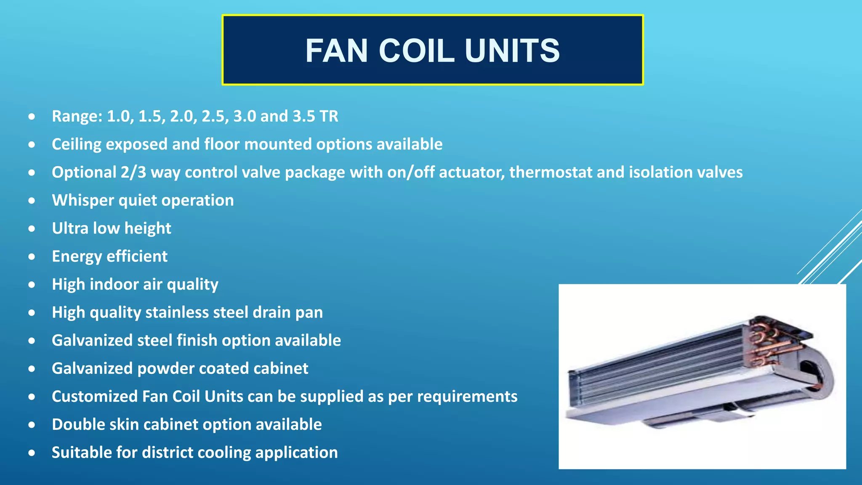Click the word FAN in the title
337,51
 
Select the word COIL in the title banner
416,51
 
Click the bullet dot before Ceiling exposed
32,145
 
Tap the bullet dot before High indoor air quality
32,285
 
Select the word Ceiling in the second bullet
76,144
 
